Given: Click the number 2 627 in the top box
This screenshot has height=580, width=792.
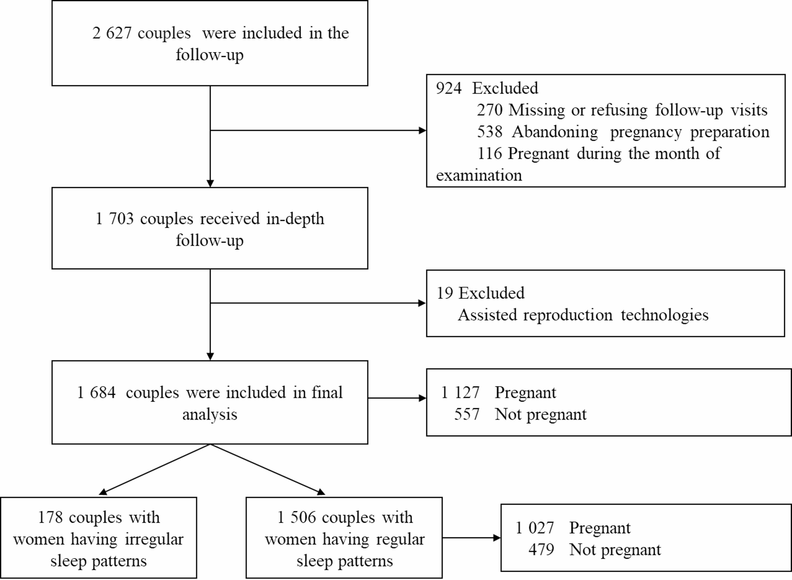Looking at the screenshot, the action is pyautogui.click(x=112, y=33).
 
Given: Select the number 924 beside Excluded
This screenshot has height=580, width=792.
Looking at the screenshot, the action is pyautogui.click(x=448, y=88).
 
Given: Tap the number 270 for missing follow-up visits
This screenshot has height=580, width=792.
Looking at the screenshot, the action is pyautogui.click(x=489, y=110).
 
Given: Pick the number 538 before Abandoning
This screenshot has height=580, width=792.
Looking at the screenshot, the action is pyautogui.click(x=489, y=132).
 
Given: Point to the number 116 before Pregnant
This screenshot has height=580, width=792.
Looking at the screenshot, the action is pyautogui.click(x=489, y=154).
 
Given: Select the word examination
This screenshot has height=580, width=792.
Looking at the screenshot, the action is pyautogui.click(x=479, y=175).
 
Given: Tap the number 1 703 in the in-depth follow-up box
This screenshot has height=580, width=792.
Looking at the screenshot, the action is pyautogui.click(x=115, y=219).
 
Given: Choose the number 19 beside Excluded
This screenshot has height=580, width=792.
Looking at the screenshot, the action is pyautogui.click(x=445, y=293).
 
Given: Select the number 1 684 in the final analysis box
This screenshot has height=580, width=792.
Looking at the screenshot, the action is pyautogui.click(x=97, y=393).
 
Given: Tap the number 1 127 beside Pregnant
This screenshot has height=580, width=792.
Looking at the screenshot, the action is pyautogui.click(x=460, y=393).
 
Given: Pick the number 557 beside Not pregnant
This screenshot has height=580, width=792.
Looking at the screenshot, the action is pyautogui.click(x=467, y=415).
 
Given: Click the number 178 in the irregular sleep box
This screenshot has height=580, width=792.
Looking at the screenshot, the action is pyautogui.click(x=50, y=518).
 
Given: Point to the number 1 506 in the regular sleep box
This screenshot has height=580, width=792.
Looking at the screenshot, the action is pyautogui.click(x=297, y=518).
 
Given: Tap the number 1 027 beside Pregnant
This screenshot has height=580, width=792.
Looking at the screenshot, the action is pyautogui.click(x=535, y=528).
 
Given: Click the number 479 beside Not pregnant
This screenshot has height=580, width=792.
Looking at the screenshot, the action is pyautogui.click(x=541, y=550).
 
